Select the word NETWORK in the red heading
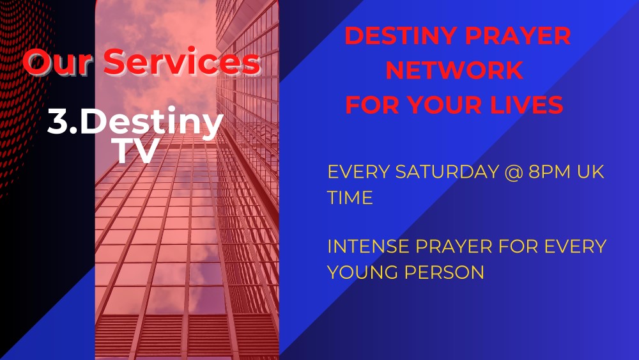(x=454, y=70)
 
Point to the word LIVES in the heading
(x=527, y=105)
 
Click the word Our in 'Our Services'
(x=57, y=62)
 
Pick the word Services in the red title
(x=182, y=62)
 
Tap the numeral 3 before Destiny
(x=58, y=121)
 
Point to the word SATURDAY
(x=447, y=171)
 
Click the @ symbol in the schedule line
(x=514, y=172)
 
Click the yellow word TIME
(x=350, y=198)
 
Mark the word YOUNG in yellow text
(x=362, y=272)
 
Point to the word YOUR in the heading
(x=445, y=105)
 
